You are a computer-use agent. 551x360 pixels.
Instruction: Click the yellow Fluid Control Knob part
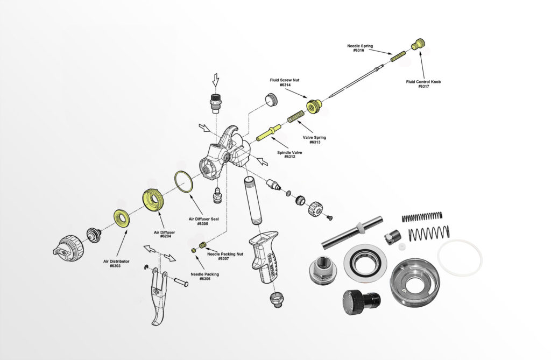(418, 45)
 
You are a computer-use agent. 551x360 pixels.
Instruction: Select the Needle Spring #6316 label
(359, 48)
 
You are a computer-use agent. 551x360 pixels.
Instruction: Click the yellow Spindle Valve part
(267, 132)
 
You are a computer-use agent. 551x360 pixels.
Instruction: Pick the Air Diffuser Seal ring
(183, 181)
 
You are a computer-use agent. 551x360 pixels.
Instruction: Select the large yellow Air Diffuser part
(154, 200)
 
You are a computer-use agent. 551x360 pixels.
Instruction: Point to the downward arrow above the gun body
(216, 81)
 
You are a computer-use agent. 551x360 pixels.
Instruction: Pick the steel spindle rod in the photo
(352, 232)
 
